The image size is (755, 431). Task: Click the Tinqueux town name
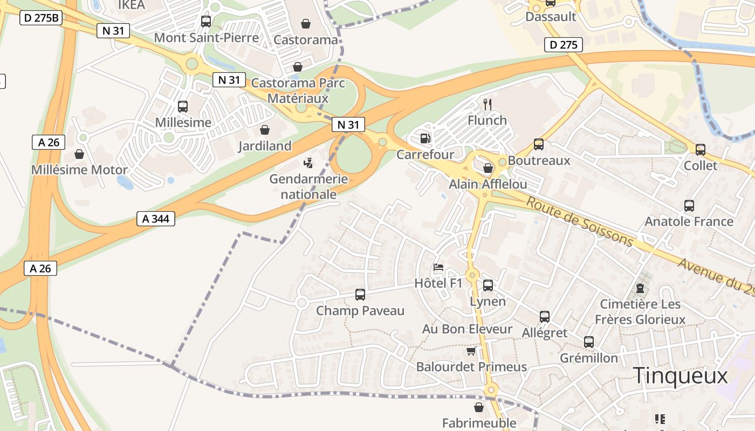click(x=681, y=376)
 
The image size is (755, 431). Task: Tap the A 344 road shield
click(x=156, y=219)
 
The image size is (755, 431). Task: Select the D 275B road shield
click(x=42, y=18)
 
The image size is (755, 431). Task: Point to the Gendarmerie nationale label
click(x=309, y=186)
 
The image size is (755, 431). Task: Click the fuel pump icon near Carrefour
click(x=425, y=138)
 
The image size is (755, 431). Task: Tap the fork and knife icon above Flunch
click(x=488, y=104)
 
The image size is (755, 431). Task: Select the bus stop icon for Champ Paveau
click(x=360, y=295)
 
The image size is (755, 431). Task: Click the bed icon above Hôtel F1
click(x=438, y=267)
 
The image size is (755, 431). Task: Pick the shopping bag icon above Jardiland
click(x=265, y=130)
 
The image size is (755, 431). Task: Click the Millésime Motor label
click(x=79, y=170)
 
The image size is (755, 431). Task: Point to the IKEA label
click(x=131, y=5)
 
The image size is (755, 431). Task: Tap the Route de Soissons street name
click(x=579, y=221)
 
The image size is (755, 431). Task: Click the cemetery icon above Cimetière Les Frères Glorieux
click(x=640, y=288)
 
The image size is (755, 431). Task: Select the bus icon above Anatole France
click(x=689, y=205)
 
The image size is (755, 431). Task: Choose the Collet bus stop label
click(x=701, y=165)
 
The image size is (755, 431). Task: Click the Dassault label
click(x=551, y=17)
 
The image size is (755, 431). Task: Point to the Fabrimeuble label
click(x=479, y=423)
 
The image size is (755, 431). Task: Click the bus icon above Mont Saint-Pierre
click(x=206, y=22)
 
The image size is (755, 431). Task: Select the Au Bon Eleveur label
click(x=467, y=329)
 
